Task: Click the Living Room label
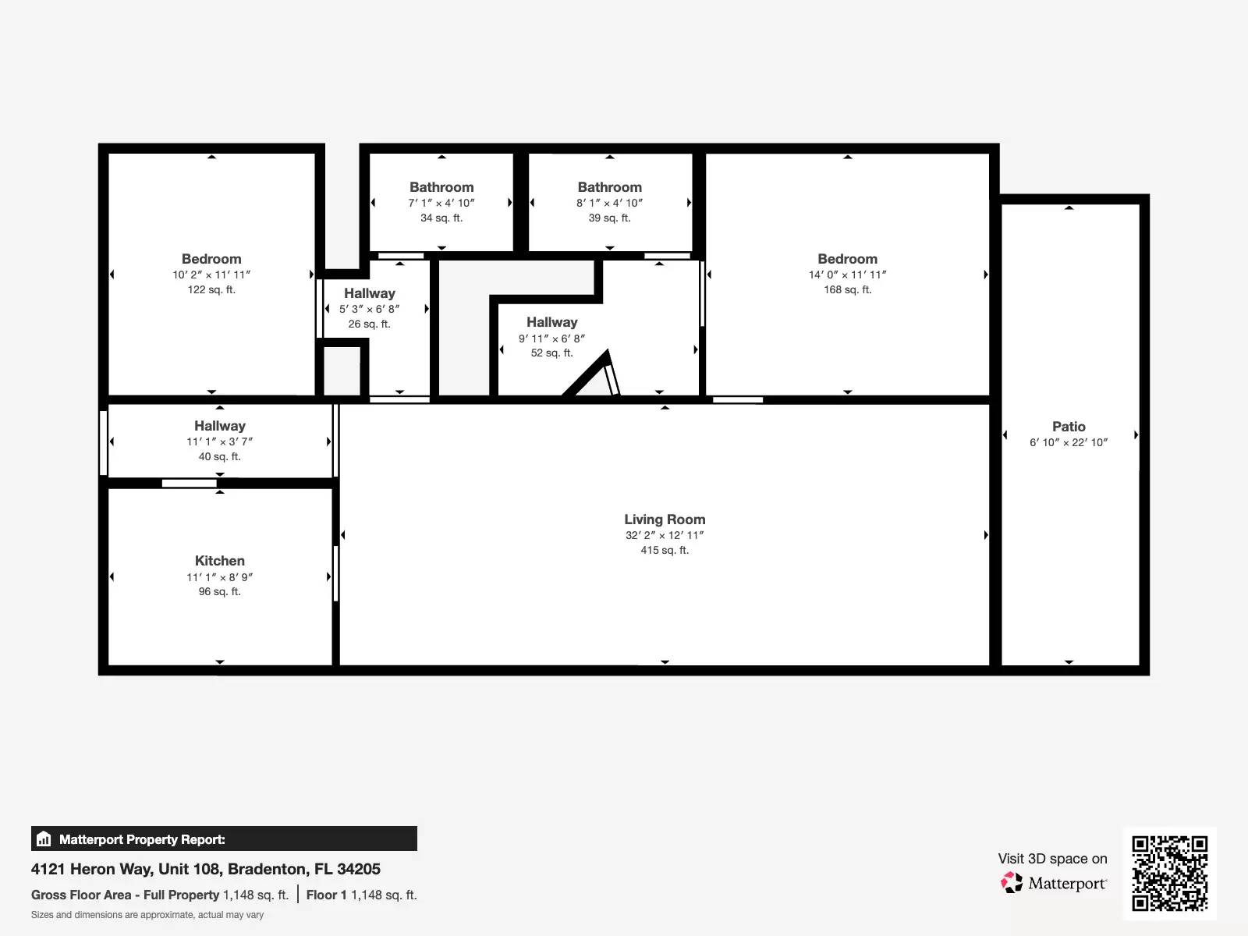[x=665, y=519]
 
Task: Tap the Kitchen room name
[x=219, y=561]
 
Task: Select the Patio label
[x=1069, y=427]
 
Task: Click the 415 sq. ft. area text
[x=665, y=550]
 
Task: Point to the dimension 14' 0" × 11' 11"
[x=847, y=275]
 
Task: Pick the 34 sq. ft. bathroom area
[x=441, y=218]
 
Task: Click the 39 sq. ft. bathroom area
[x=609, y=218]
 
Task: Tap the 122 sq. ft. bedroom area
[x=211, y=289]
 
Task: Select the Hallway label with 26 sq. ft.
[x=369, y=293]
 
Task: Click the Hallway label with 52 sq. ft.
[x=551, y=322]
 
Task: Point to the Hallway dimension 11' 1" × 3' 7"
[x=219, y=441]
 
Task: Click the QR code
[x=1169, y=873]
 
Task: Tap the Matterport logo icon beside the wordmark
[x=1012, y=882]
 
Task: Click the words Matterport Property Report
[x=142, y=839]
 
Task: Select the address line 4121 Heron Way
[x=206, y=869]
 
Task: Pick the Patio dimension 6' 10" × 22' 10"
[x=1069, y=442]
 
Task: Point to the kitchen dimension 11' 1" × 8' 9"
[x=219, y=577]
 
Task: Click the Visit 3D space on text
[x=1052, y=859]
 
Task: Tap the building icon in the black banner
[x=44, y=839]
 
